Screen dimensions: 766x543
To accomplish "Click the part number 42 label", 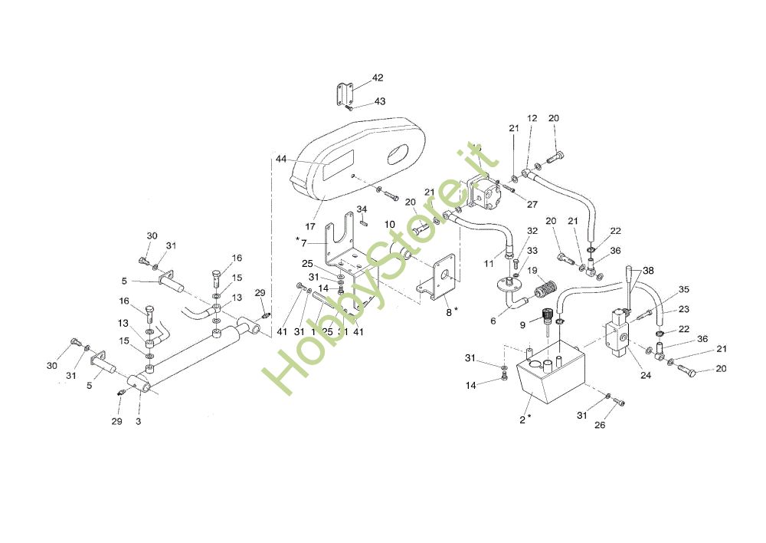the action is [378, 78].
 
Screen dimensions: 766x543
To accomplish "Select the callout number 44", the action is [281, 159].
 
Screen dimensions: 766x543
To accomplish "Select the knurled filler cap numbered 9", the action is [547, 314].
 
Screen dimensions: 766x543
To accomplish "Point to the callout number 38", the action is [649, 271].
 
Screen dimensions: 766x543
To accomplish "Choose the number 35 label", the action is [684, 290].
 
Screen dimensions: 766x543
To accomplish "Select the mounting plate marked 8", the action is [442, 279].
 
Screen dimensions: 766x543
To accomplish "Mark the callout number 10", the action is [390, 225].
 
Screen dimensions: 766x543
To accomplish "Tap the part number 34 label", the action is [362, 209].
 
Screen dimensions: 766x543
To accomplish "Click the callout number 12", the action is [532, 118].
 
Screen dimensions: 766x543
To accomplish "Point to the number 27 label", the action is [532, 205].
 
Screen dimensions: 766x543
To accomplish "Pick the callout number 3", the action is [138, 422].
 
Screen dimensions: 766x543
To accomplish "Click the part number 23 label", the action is [684, 311].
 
